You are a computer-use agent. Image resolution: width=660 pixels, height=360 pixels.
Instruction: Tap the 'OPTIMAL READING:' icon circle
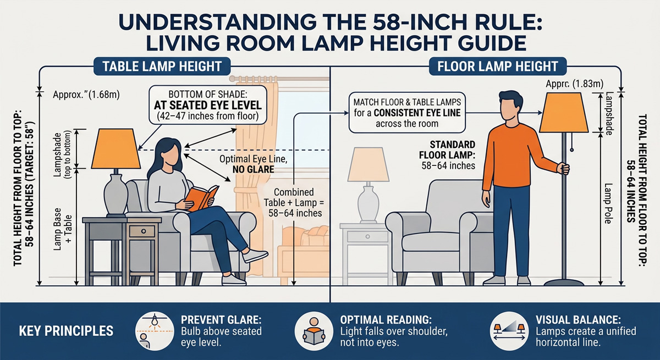click(311, 331)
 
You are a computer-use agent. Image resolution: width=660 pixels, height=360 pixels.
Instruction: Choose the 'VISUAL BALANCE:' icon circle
click(506, 331)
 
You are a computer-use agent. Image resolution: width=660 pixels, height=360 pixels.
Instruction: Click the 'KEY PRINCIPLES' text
click(66, 331)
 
